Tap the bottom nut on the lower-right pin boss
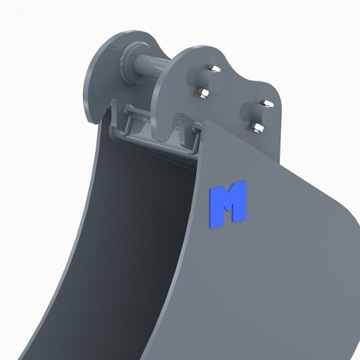260,128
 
